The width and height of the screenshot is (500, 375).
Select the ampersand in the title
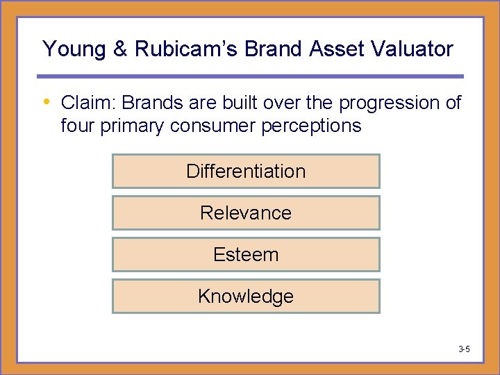point(121,49)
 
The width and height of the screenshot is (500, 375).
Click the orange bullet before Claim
point(47,103)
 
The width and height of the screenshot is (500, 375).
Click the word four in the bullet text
point(76,126)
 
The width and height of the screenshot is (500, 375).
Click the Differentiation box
point(246,172)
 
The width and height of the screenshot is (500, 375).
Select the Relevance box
point(246,213)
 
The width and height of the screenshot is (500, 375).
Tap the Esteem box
point(246,255)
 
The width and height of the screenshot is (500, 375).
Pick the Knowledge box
point(246,297)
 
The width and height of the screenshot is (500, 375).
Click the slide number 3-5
point(464,349)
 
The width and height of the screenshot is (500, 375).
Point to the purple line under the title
point(250,76)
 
